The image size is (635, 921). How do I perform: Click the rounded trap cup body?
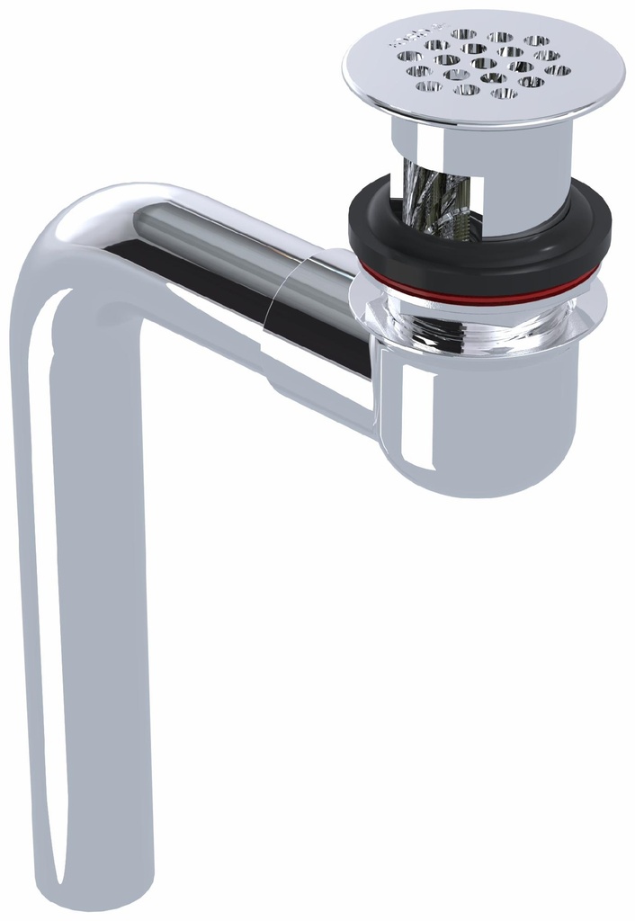pos(486,414)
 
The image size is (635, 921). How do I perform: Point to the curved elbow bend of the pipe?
pos(72,243)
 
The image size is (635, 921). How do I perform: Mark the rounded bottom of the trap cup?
pos(486,486)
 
